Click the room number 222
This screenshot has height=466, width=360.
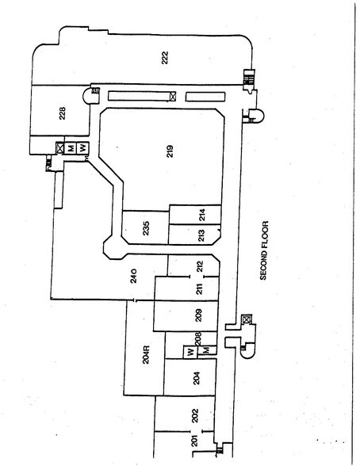tap(165, 58)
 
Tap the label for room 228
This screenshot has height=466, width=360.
tap(63, 113)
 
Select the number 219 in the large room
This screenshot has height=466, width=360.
tap(170, 151)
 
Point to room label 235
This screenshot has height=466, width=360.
tap(146, 228)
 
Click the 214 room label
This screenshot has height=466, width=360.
tap(202, 215)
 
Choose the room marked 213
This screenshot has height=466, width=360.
tap(201, 235)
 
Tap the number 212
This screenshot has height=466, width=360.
tap(200, 266)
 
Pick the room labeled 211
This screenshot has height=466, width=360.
tap(199, 288)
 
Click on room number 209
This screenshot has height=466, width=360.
tap(199, 315)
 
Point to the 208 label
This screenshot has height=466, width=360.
tap(198, 338)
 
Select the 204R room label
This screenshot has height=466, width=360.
tap(146, 354)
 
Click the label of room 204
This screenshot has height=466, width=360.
tap(197, 378)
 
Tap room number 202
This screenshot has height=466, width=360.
tap(195, 416)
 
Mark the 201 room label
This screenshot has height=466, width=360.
tap(194, 441)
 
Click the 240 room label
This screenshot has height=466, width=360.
tap(134, 276)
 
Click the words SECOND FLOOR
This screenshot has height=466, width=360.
tap(264, 250)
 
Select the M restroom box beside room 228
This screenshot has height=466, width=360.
tap(71, 147)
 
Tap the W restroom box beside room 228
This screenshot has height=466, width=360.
tap(82, 147)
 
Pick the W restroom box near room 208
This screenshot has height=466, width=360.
tap(190, 352)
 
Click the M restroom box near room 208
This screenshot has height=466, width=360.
tap(207, 350)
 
